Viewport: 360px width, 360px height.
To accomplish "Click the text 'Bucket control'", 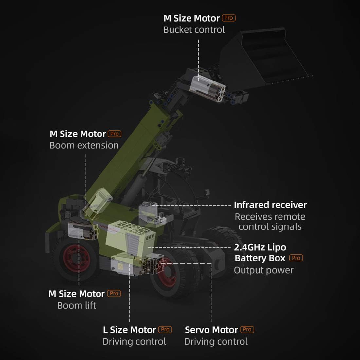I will pyautogui.click(x=194, y=30).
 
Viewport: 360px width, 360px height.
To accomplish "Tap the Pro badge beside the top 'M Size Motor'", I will pyautogui.click(x=229, y=18).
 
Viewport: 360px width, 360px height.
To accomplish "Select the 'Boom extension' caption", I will pyautogui.click(x=84, y=145).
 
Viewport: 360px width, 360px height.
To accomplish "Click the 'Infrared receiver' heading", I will pyautogui.click(x=270, y=205).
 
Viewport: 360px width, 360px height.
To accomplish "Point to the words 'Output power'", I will pyautogui.click(x=263, y=270).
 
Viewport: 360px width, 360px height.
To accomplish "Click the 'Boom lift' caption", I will pyautogui.click(x=77, y=306).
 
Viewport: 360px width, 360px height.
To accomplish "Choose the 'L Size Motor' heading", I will pyautogui.click(x=129, y=330).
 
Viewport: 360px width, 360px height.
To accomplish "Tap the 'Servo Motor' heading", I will pyautogui.click(x=211, y=330).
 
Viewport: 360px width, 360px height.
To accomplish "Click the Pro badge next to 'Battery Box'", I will pyautogui.click(x=296, y=258).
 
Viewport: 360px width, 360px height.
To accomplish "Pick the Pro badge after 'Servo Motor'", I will pyautogui.click(x=247, y=329).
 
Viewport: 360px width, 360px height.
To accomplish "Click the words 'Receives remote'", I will pyautogui.click(x=270, y=217).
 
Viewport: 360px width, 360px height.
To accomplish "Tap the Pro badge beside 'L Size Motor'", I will pyautogui.click(x=165, y=329).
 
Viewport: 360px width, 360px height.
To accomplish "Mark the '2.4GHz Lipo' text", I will pyautogui.click(x=260, y=247).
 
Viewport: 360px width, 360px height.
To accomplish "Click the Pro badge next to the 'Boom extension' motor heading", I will pyautogui.click(x=114, y=134).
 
